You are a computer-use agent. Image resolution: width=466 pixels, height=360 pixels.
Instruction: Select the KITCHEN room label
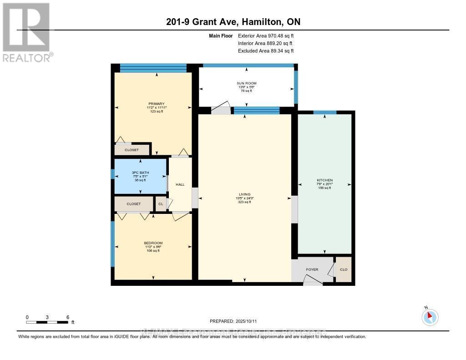(x=324, y=180)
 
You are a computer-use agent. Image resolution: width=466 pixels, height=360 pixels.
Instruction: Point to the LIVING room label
(x=245, y=194)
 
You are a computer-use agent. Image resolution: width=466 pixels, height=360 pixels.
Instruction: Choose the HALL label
(x=180, y=184)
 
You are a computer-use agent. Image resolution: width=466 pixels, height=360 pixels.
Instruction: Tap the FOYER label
(x=312, y=269)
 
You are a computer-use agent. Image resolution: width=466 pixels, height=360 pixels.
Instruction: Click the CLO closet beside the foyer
(x=344, y=269)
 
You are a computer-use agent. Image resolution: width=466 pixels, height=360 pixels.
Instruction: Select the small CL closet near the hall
(x=160, y=204)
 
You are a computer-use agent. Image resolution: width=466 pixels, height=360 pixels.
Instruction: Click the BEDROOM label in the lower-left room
(x=153, y=243)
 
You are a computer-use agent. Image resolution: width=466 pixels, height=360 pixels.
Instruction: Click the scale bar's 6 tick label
(x=67, y=317)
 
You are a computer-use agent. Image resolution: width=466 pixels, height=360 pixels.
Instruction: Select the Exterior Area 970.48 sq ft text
(x=269, y=35)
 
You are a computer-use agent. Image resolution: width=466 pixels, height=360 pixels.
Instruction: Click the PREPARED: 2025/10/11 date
(x=233, y=321)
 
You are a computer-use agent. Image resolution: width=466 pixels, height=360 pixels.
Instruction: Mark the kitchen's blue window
(x=325, y=112)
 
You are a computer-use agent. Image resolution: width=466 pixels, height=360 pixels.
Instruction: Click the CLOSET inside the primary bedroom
(x=132, y=150)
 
